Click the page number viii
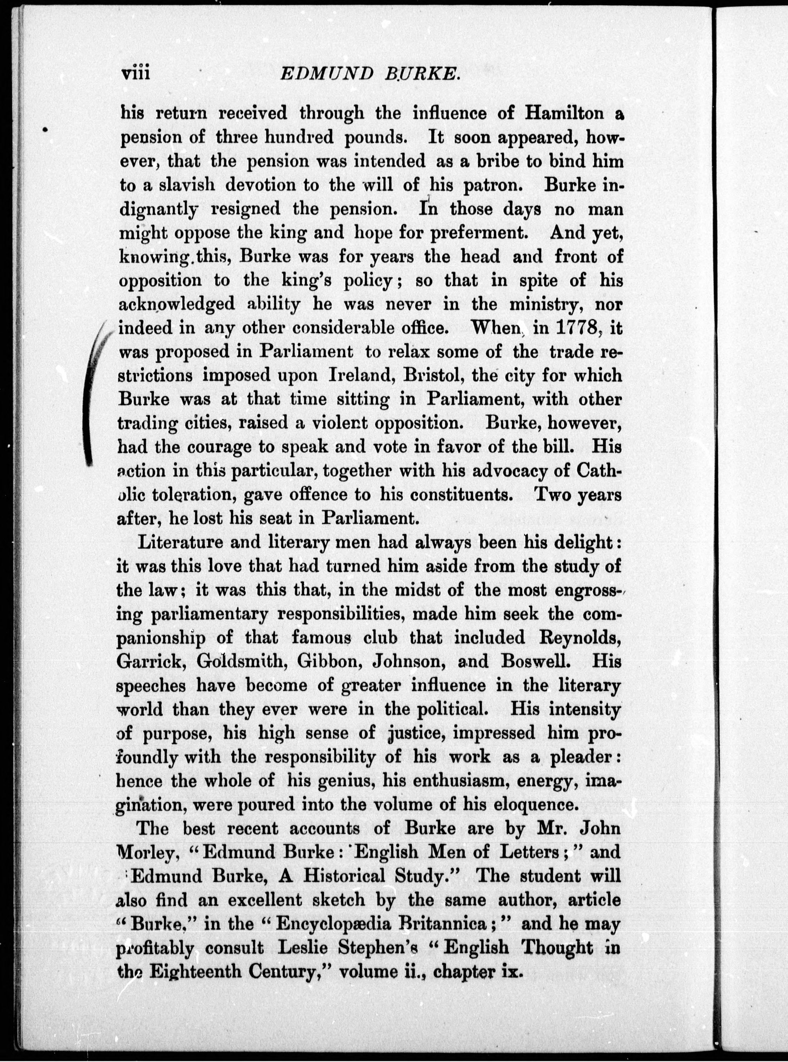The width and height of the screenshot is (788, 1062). coord(136,75)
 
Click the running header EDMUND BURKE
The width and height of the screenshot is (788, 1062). coord(370,75)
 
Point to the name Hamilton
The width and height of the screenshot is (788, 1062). coord(564,113)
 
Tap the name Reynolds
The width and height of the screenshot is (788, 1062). coord(579,638)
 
